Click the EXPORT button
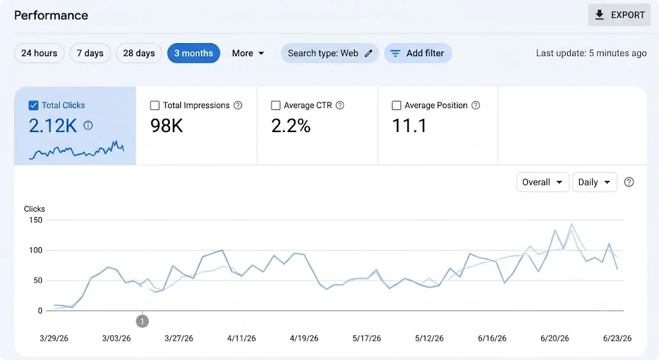pos(618,15)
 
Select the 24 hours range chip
pos(39,53)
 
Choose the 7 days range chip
pos(90,53)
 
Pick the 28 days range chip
pos(139,53)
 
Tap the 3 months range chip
pos(193,53)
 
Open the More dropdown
pos(248,53)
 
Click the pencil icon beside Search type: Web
pos(368,53)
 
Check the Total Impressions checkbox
pos(154,106)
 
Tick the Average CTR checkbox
pos(275,106)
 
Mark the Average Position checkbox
pos(396,106)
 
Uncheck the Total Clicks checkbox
pos(33,106)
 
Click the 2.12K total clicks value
pos(53,126)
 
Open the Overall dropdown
pos(543,182)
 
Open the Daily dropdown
pos(594,182)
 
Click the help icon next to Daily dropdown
pos(629,182)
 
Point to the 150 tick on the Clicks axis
pos(35,220)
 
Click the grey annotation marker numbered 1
pos(142,322)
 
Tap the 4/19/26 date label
pos(304,339)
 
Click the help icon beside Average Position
pos(476,106)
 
